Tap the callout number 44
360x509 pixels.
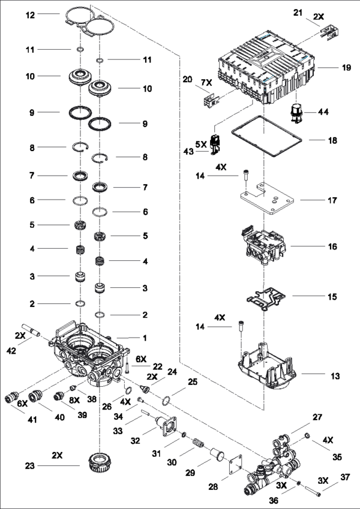point(323,112)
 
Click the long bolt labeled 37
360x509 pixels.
point(307,494)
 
